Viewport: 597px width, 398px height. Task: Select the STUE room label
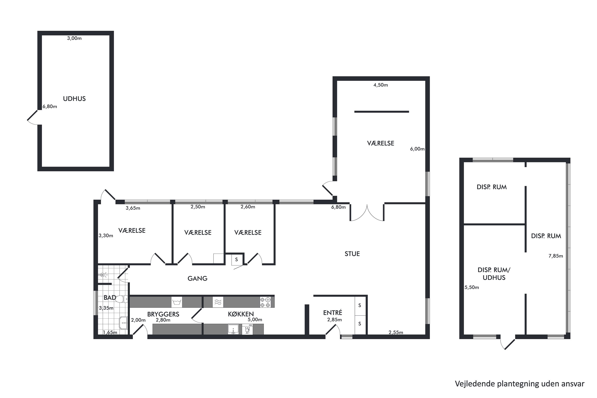tap(352, 254)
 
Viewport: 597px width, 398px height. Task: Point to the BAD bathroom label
tap(110, 298)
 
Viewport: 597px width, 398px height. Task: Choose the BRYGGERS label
tap(163, 314)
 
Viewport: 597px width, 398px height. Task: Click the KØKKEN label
tap(241, 314)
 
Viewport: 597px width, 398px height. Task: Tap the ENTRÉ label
tap(333, 312)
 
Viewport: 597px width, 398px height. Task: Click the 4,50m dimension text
tap(380, 85)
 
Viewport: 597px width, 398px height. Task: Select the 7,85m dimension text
tap(556, 256)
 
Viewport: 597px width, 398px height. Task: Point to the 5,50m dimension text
tap(472, 287)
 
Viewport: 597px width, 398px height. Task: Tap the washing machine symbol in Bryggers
tap(177, 302)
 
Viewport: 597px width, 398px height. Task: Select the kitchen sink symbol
tap(233, 329)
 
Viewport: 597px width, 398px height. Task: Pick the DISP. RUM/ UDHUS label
tap(494, 274)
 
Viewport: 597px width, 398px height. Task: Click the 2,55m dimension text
tap(396, 333)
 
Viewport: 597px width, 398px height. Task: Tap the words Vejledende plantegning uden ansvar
tap(520, 384)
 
